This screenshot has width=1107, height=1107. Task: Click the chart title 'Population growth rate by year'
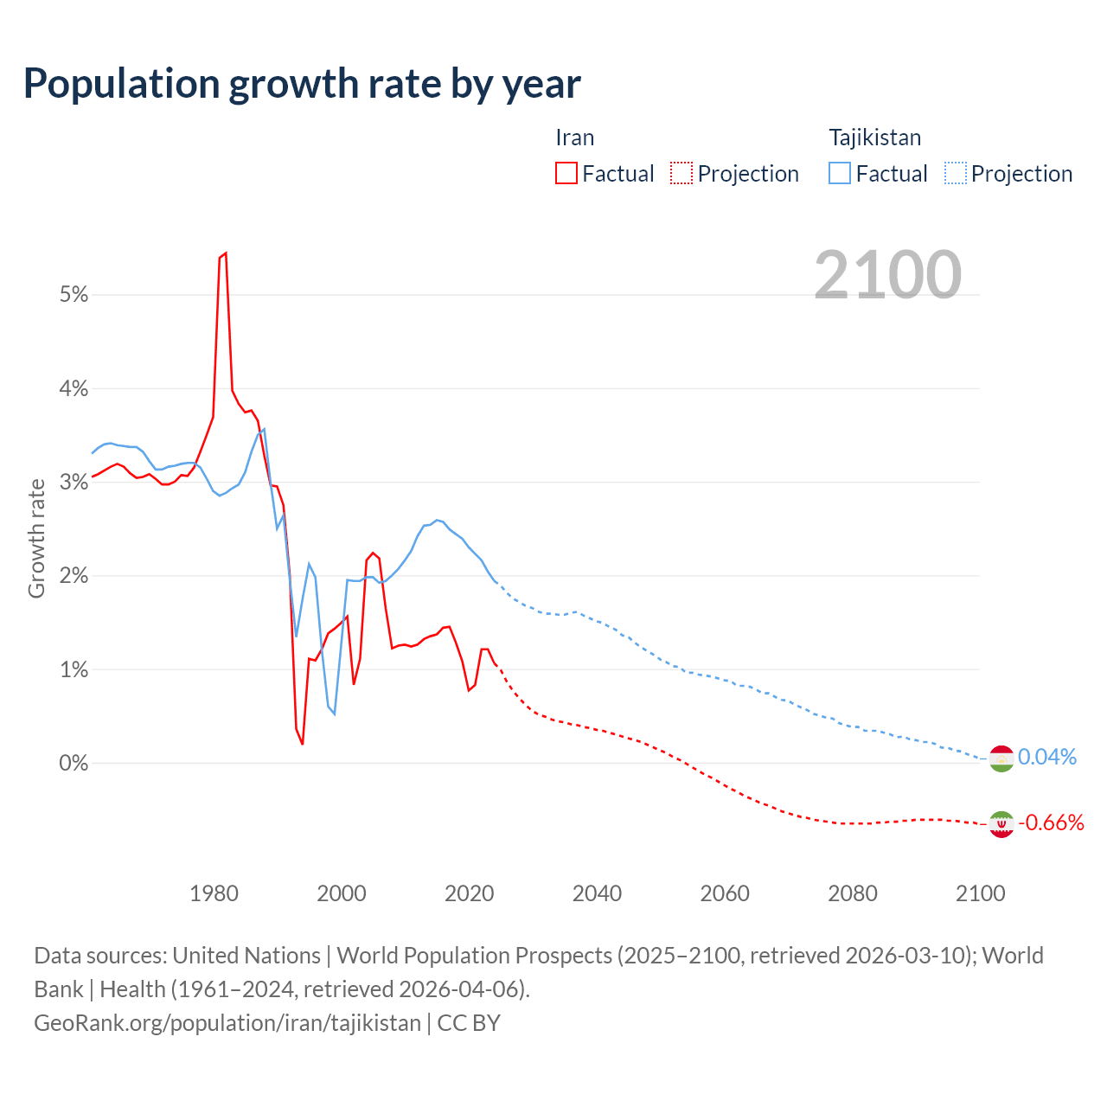[x=302, y=84]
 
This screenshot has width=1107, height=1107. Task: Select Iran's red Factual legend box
[x=566, y=173]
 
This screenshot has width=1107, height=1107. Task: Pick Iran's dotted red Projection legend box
[x=681, y=173]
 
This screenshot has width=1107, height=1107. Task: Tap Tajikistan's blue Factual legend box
[x=840, y=173]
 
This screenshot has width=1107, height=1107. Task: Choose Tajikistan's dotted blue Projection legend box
[x=956, y=173]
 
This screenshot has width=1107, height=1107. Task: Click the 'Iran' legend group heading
[x=574, y=138]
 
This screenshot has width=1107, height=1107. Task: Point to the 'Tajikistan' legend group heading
[x=874, y=138]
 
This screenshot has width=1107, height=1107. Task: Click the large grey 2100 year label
[x=887, y=275]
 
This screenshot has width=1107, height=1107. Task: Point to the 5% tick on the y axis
[x=74, y=295]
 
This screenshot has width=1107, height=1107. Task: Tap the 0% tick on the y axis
[x=74, y=764]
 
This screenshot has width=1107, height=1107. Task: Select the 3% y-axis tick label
[x=74, y=483]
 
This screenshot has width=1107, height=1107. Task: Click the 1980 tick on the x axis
[x=214, y=893]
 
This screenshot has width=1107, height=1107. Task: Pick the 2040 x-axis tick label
[x=597, y=893]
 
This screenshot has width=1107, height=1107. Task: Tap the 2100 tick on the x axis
[x=980, y=893]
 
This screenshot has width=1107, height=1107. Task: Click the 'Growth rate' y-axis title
[x=36, y=538]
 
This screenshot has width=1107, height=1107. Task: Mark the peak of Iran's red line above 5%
[x=225, y=253]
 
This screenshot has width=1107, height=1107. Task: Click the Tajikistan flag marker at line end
[x=1001, y=758]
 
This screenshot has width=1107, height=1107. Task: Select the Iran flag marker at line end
[x=1001, y=824]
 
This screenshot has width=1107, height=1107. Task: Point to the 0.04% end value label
[x=1047, y=758]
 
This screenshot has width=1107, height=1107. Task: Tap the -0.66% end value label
[x=1051, y=823]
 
